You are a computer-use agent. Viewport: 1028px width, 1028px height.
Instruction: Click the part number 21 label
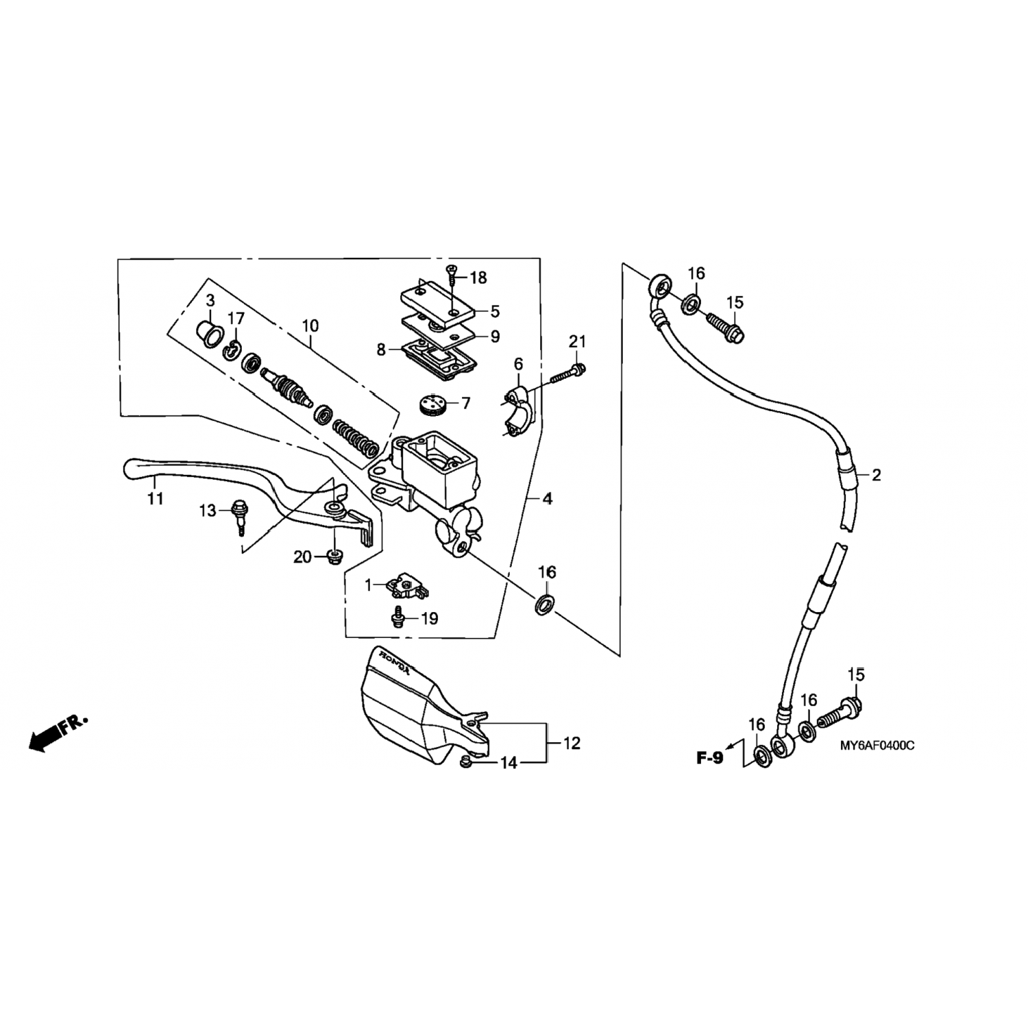click(578, 341)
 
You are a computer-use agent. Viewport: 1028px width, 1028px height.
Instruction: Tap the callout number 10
click(310, 325)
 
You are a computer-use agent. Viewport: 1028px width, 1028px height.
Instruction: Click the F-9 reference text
click(709, 758)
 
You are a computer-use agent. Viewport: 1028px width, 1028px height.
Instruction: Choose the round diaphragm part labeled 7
click(430, 403)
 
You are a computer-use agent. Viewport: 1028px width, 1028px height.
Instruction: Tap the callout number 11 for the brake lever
click(156, 499)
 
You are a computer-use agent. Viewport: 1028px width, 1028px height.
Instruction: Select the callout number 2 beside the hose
click(876, 475)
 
